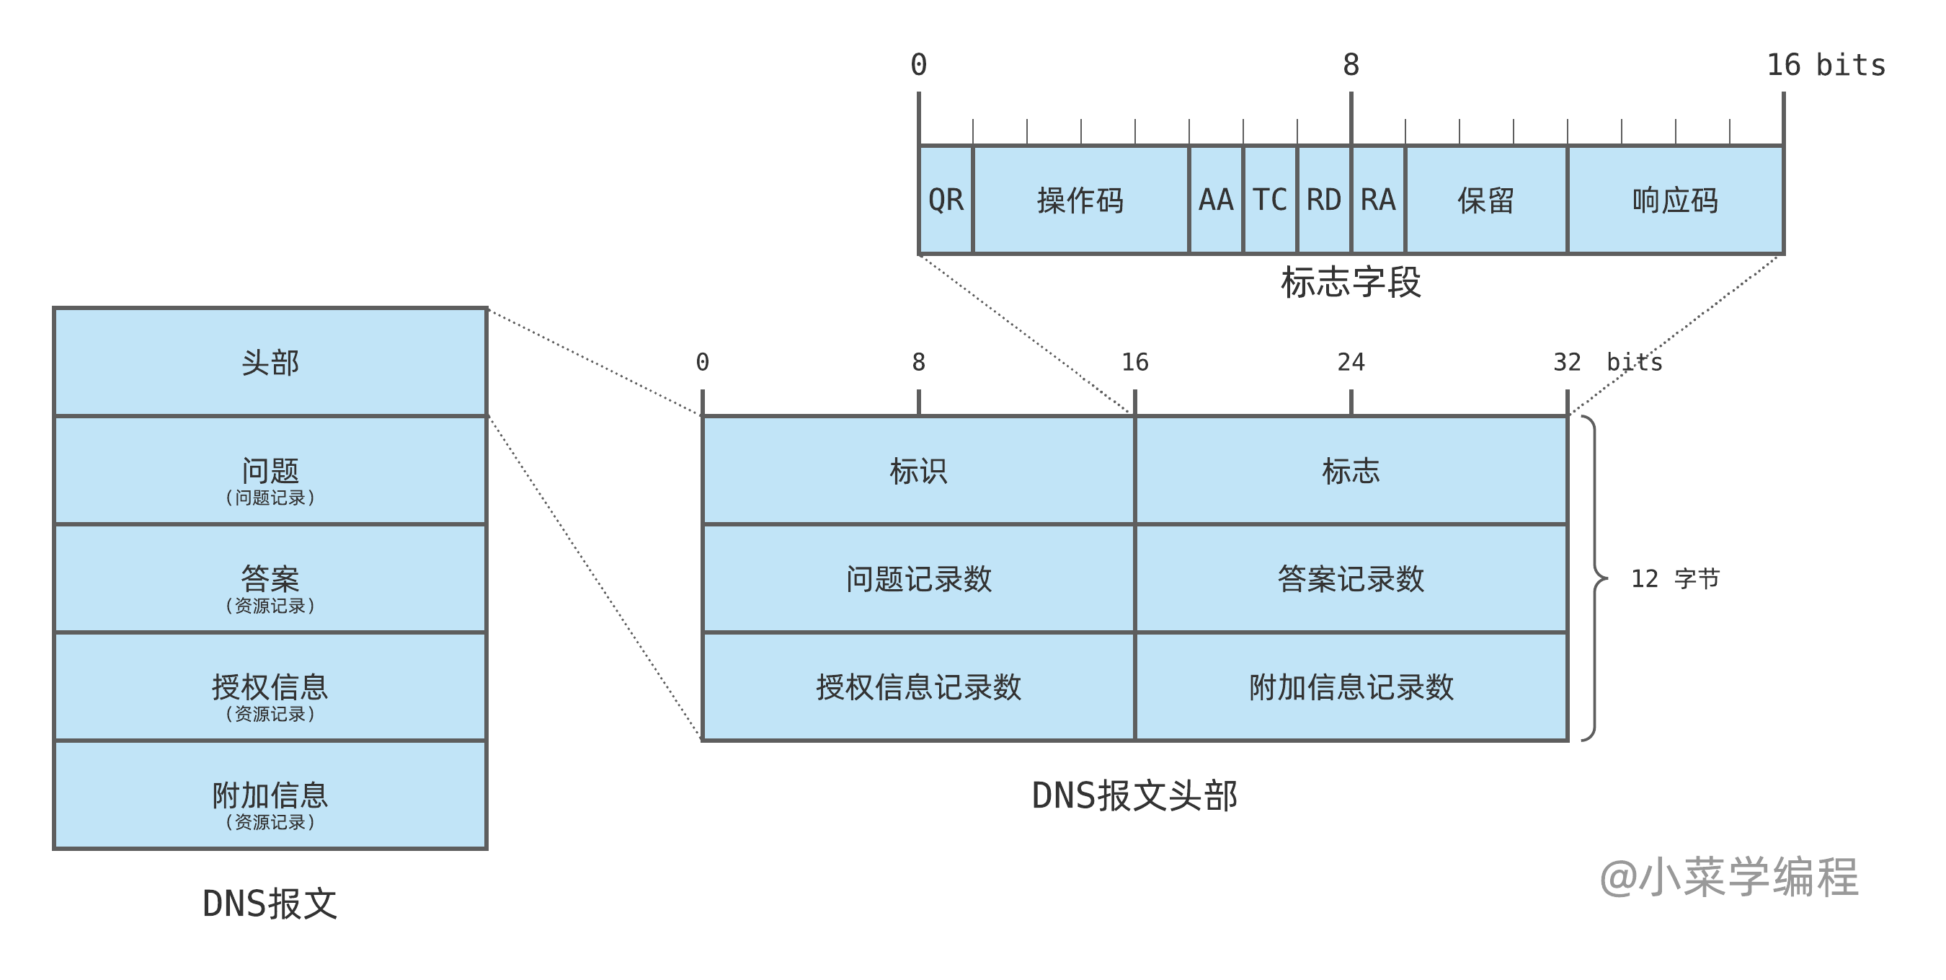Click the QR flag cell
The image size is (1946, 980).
[945, 200]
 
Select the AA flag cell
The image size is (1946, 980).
[1215, 200]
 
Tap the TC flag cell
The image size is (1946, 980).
[1270, 200]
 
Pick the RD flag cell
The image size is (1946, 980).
[1323, 200]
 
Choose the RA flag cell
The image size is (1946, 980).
[1378, 200]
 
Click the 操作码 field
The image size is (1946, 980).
[1080, 200]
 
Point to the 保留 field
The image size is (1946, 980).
[1486, 200]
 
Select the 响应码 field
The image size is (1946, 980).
[1675, 200]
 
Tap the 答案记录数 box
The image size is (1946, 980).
[1351, 579]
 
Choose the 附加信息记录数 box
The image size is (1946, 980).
[1351, 687]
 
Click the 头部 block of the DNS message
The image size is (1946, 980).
[270, 362]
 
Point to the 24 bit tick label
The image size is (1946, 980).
[1351, 362]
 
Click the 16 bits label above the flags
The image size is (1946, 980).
[1825, 65]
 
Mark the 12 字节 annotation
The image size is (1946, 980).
[1675, 579]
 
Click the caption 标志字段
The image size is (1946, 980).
[1351, 282]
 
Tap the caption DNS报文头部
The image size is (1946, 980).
[1134, 795]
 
